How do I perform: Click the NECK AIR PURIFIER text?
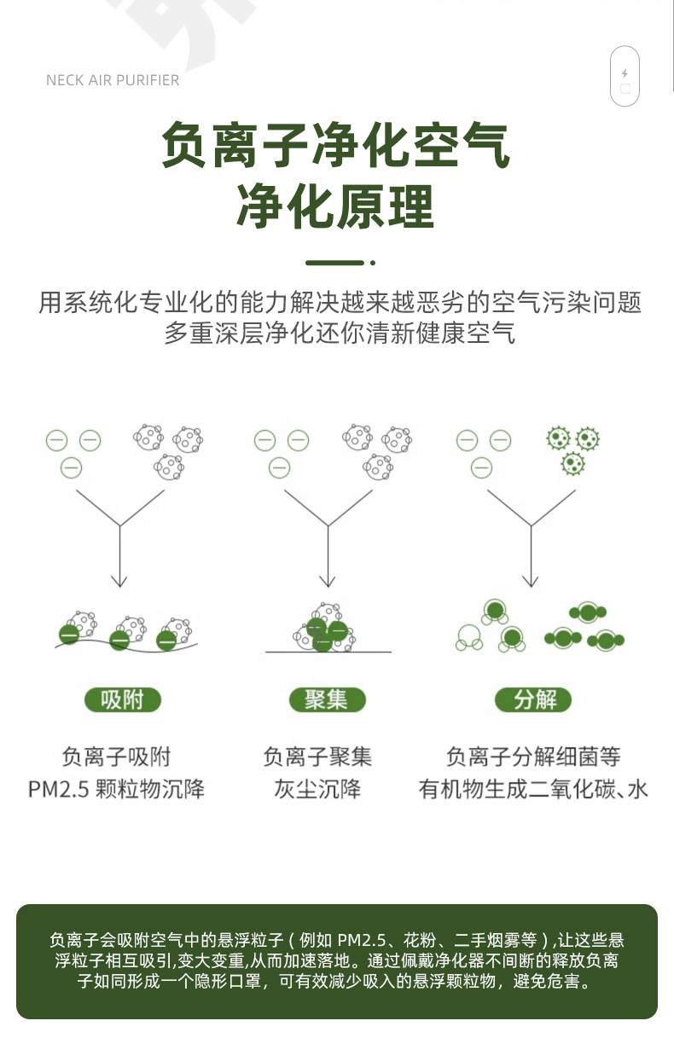[x=113, y=80]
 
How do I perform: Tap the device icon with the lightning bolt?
[x=625, y=76]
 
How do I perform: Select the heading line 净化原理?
[x=336, y=206]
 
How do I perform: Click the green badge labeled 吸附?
[x=123, y=700]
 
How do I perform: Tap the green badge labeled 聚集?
[x=326, y=700]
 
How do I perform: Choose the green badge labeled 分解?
[x=534, y=700]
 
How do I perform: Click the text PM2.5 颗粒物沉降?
[x=117, y=788]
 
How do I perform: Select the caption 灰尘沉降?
[x=317, y=788]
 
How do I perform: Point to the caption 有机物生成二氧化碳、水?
[x=533, y=788]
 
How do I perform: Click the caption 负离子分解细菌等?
[x=533, y=756]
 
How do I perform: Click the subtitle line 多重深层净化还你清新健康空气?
[x=340, y=333]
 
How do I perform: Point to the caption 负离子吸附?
[x=117, y=756]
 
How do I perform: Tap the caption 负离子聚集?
[x=317, y=756]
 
